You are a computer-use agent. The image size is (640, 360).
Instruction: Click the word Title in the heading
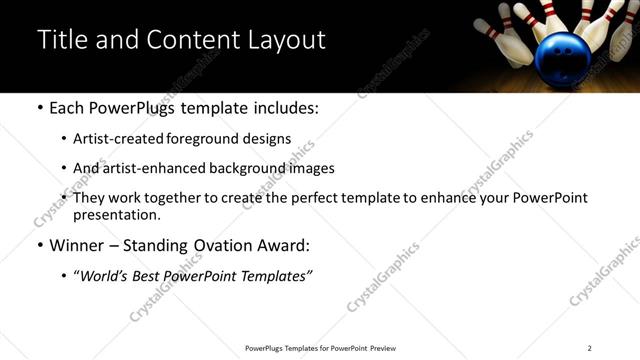(61, 40)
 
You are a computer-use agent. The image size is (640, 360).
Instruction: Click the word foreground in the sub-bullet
(215, 139)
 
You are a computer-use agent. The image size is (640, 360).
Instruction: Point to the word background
(240, 168)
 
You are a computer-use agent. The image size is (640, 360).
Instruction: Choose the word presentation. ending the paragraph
(117, 214)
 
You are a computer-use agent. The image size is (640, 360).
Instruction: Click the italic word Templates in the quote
(275, 276)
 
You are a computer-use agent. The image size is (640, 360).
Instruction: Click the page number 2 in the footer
(590, 348)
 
